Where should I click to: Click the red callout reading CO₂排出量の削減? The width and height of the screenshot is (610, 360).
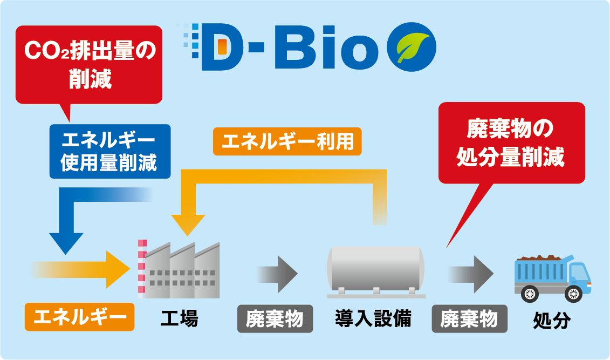(x=88, y=65)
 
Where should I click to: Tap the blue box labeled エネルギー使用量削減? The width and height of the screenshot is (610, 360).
(x=110, y=152)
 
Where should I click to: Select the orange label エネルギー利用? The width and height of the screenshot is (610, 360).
(x=287, y=141)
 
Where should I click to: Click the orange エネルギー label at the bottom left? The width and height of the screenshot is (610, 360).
(x=80, y=317)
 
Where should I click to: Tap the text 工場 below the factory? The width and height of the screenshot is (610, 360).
(x=180, y=318)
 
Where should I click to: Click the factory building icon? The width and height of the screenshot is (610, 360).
(x=180, y=270)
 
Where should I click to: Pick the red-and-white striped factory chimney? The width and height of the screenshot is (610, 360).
(x=142, y=269)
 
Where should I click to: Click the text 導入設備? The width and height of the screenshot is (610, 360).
(x=373, y=318)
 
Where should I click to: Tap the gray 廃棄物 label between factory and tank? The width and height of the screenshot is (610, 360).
(x=275, y=319)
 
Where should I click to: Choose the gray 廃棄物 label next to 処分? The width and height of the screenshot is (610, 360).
(x=470, y=319)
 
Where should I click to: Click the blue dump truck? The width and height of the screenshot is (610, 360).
(x=553, y=279)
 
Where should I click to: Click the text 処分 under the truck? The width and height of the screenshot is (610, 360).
(x=552, y=320)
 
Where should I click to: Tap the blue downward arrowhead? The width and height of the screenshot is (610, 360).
(x=66, y=243)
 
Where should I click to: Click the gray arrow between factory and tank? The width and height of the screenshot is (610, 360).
(x=277, y=274)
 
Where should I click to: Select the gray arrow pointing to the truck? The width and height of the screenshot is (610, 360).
(x=471, y=274)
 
